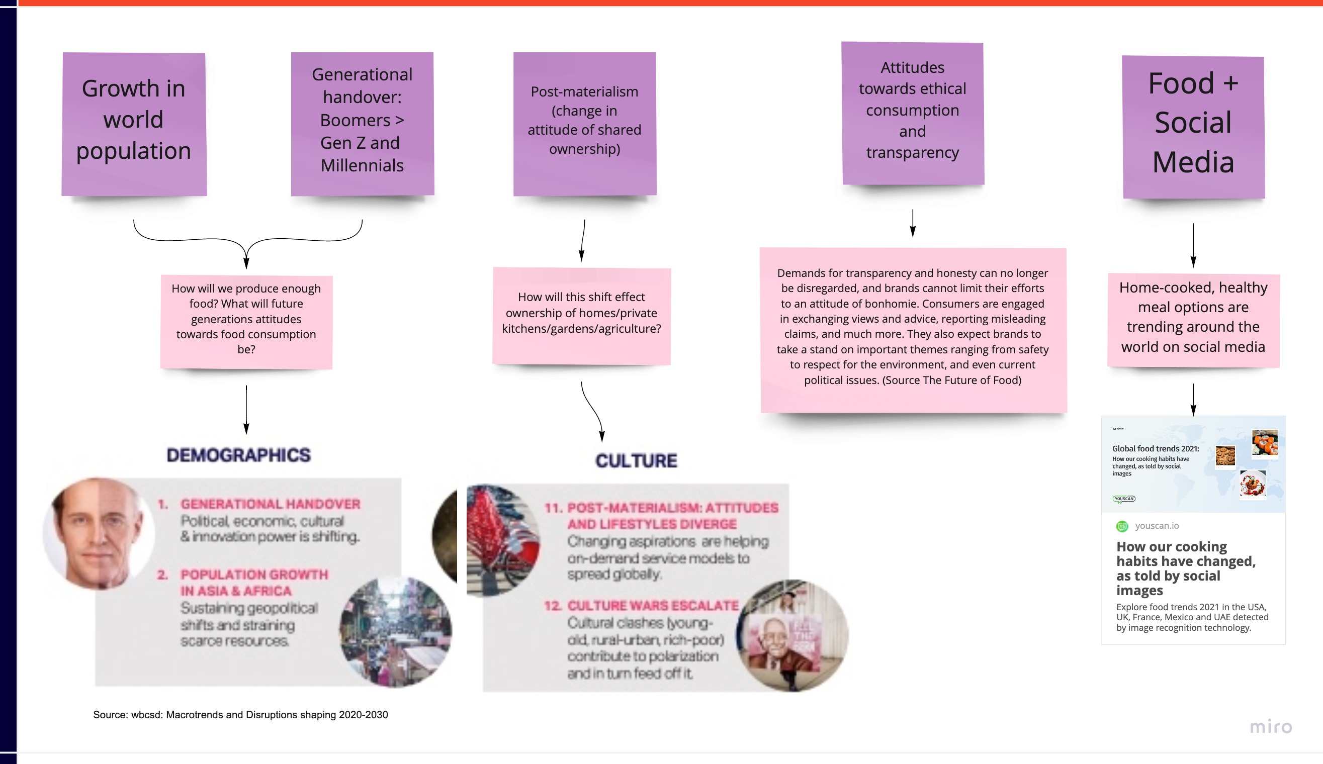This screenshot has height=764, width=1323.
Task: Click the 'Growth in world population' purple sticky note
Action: coord(134,124)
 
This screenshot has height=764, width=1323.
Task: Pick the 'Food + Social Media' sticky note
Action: coord(1193,127)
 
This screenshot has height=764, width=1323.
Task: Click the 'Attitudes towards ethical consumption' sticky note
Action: coord(913,113)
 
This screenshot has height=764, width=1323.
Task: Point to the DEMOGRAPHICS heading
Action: coord(239,455)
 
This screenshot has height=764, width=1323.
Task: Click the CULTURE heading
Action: coord(636,460)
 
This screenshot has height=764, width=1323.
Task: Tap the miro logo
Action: coord(1271,727)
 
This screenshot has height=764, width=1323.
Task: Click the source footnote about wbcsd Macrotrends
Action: coord(240,715)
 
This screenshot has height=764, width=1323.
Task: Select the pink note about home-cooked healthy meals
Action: coord(1193,320)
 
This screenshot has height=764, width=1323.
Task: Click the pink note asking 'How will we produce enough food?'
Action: coord(246,321)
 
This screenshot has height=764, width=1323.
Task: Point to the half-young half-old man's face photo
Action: coord(99,533)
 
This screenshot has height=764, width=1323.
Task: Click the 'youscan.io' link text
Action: coord(1157,526)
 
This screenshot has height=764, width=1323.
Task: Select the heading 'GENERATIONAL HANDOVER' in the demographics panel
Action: coord(270,504)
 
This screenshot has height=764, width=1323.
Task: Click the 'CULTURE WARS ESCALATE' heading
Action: coord(653,606)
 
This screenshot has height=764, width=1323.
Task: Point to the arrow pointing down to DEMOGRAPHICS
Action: coord(246,409)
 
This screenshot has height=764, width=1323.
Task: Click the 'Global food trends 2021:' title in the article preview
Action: coord(1156,449)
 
